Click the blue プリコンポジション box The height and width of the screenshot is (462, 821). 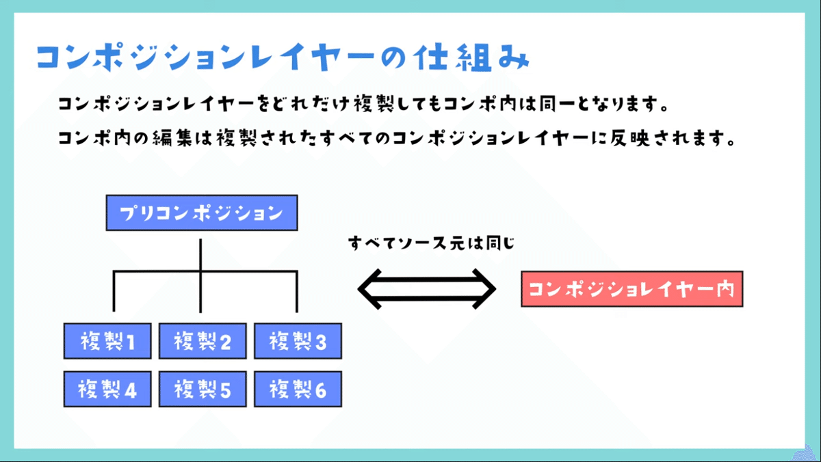tap(202, 213)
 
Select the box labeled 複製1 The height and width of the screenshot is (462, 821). tap(107, 341)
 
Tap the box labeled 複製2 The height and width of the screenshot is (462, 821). tap(202, 341)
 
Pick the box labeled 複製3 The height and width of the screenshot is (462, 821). tap(298, 341)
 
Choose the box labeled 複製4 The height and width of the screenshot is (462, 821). tap(107, 390)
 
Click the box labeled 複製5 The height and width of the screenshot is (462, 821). tap(202, 390)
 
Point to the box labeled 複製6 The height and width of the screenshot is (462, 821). tap(298, 390)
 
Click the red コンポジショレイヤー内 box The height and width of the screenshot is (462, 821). tap(631, 289)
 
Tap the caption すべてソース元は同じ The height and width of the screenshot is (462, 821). tap(431, 243)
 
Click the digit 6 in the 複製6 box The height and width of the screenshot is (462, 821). tap(320, 390)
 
